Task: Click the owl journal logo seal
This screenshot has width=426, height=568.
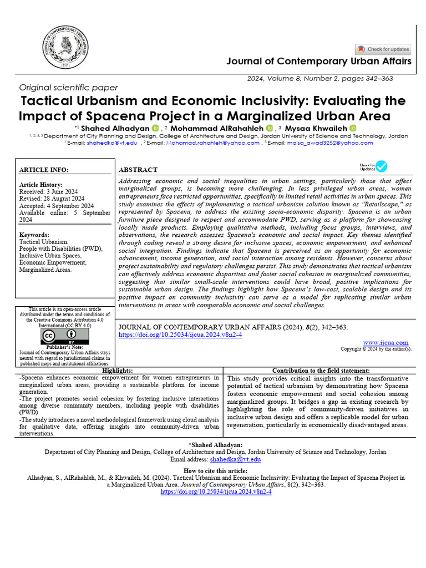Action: (66, 49)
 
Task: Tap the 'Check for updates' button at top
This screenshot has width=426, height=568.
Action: (383, 49)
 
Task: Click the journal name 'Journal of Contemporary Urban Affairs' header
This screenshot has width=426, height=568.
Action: (319, 61)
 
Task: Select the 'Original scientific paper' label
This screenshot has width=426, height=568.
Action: (68, 88)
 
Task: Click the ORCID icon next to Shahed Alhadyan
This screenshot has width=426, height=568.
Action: (155, 129)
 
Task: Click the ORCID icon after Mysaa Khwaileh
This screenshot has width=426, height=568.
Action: (353, 129)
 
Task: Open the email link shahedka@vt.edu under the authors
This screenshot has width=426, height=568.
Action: (112, 143)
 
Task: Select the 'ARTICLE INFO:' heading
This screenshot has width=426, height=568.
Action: (44, 170)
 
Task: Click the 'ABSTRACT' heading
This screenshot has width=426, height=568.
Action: (138, 170)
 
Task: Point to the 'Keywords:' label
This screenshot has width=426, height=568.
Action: (34, 235)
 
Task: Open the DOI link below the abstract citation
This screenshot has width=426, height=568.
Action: (180, 335)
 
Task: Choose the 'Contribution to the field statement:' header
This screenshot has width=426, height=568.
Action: (321, 371)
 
